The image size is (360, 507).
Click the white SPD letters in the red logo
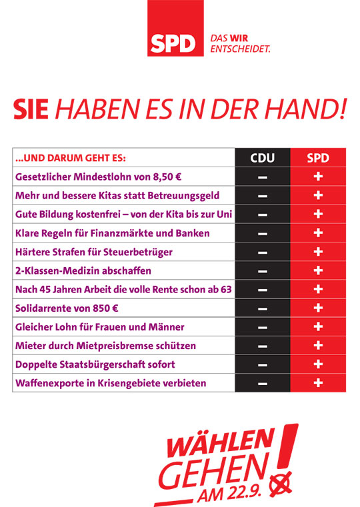[x=173, y=44]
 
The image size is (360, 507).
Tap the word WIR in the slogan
[x=239, y=38]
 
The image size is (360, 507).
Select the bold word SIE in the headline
[x=31, y=109]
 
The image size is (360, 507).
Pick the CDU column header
[x=262, y=158]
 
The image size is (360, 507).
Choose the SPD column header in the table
[x=318, y=158]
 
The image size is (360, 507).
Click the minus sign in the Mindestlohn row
[x=263, y=177]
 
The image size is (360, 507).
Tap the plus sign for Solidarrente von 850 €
[x=318, y=308]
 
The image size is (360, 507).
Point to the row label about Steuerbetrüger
[x=94, y=252]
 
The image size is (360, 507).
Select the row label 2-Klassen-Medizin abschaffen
[x=83, y=270]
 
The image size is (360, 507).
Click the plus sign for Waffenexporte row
[x=318, y=383]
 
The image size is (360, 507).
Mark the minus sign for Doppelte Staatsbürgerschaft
[x=263, y=365]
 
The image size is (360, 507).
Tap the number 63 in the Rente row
[x=226, y=289]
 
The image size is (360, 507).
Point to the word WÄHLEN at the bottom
[x=221, y=442]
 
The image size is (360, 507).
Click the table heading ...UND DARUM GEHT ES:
[x=71, y=158]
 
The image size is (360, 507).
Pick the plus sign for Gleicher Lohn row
[x=318, y=326]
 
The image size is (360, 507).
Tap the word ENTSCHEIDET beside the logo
[x=240, y=49]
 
